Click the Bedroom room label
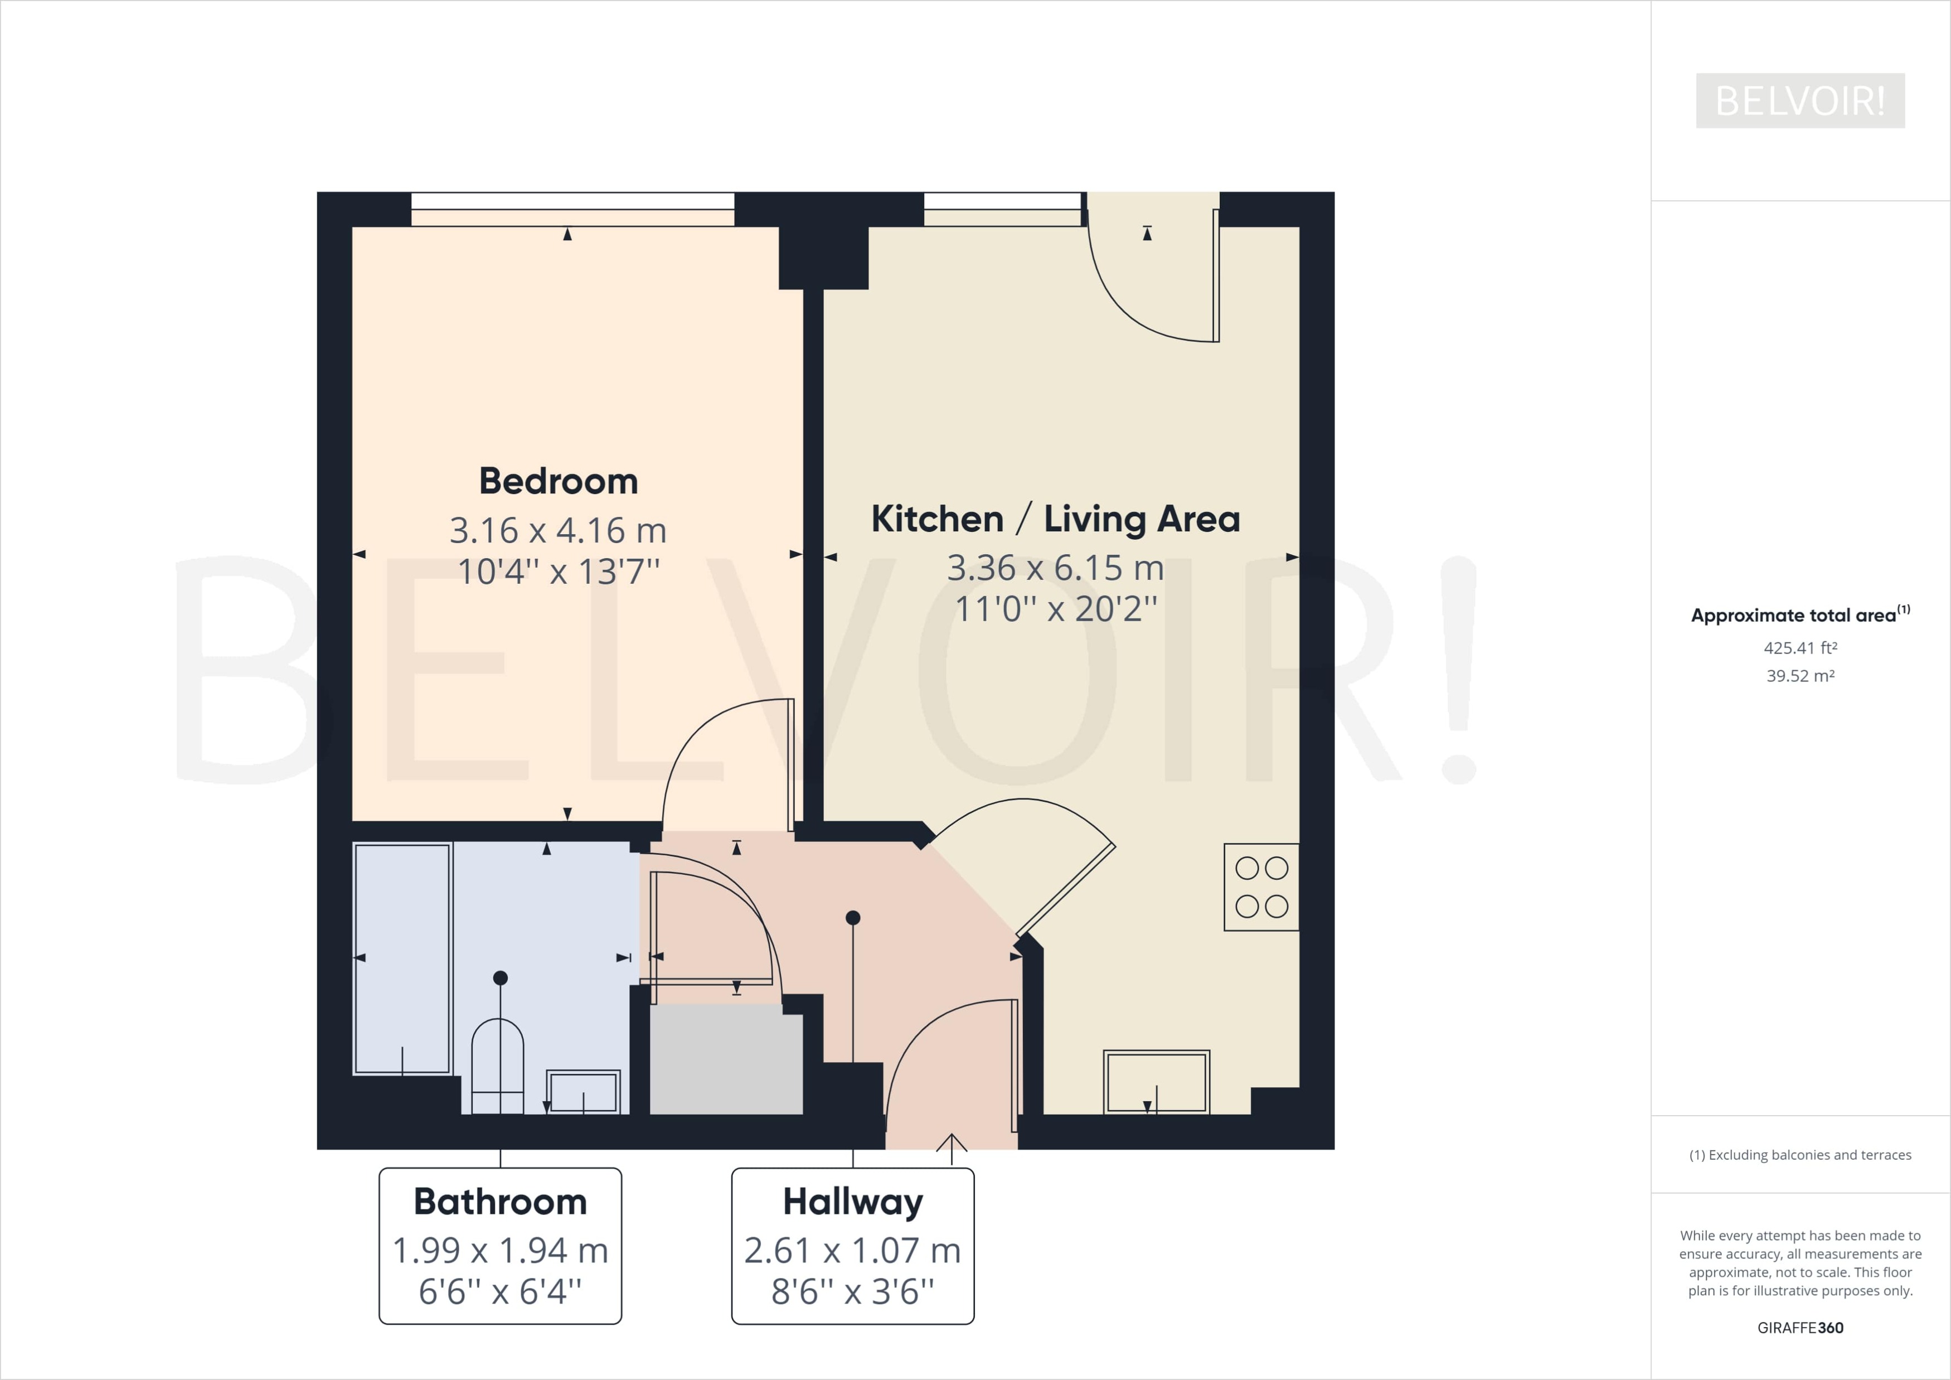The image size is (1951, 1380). (x=559, y=481)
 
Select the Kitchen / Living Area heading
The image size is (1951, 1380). (x=1055, y=519)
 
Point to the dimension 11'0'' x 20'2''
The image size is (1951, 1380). (x=1055, y=608)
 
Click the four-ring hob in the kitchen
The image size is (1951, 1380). (x=1261, y=887)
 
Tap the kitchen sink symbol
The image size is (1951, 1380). (x=1156, y=1081)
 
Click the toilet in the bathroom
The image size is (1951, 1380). (x=498, y=1067)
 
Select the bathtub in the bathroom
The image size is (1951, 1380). (x=402, y=958)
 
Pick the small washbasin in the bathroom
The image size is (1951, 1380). (x=583, y=1092)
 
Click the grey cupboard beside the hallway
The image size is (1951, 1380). (x=726, y=1059)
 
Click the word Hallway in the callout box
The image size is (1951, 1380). (x=852, y=1202)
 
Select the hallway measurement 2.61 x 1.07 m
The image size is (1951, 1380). (x=852, y=1250)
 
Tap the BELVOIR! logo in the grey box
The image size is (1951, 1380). (x=1800, y=101)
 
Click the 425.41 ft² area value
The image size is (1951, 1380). (x=1800, y=647)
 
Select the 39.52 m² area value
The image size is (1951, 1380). (x=1800, y=676)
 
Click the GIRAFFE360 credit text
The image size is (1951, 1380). (x=1800, y=1328)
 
